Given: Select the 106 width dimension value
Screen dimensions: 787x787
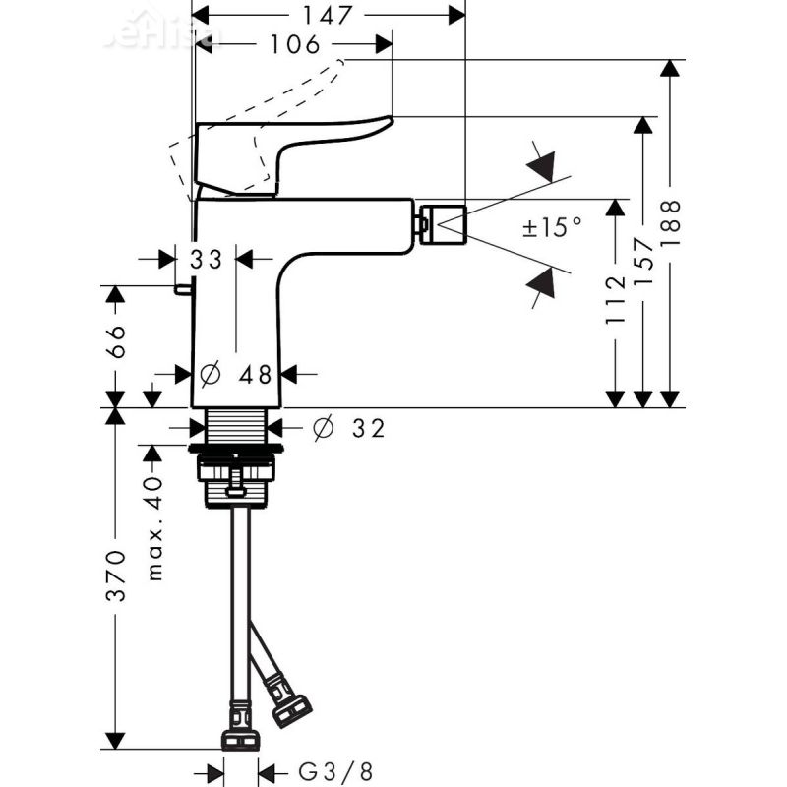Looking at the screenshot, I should point(293,44).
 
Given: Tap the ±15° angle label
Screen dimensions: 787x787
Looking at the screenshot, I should point(552,228).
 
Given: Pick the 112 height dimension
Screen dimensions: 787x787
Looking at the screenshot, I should point(616,299).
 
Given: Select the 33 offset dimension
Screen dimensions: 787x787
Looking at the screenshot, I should point(207,259).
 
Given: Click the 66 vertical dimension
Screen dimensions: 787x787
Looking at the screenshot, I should point(116,342).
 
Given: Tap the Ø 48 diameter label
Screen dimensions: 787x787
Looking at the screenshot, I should point(237,375).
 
